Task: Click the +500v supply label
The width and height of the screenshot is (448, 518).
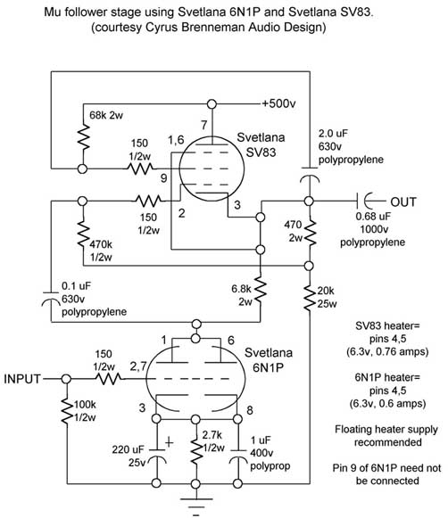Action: click(278, 103)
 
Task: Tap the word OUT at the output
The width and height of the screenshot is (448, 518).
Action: click(403, 201)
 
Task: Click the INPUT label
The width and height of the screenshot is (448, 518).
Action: click(22, 379)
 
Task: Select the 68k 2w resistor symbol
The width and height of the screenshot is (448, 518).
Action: click(83, 137)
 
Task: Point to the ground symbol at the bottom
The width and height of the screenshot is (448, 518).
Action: click(196, 506)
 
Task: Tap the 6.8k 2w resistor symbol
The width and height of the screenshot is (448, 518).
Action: click(261, 291)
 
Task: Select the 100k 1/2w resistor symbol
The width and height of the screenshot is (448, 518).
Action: click(67, 412)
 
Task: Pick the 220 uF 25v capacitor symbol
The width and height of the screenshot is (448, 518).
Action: click(157, 455)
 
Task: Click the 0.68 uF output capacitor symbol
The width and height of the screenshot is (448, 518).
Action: click(364, 201)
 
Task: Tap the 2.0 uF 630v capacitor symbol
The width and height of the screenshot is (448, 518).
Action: click(310, 175)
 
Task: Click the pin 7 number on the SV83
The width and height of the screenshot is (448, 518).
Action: click(204, 125)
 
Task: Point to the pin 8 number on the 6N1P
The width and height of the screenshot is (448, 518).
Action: click(250, 410)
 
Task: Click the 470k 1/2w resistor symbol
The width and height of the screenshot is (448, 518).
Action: click(83, 235)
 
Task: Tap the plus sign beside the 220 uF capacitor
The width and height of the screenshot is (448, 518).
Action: click(169, 442)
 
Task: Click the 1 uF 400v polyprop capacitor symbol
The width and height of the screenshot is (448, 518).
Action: click(238, 456)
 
